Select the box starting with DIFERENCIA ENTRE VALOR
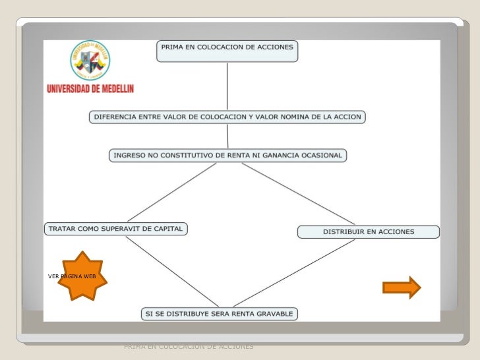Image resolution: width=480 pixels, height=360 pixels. [227, 117]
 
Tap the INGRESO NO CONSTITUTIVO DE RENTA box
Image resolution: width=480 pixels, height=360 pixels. [227, 156]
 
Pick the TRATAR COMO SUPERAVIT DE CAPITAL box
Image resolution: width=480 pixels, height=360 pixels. [116, 229]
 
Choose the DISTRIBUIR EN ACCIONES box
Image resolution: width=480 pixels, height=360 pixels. [369, 231]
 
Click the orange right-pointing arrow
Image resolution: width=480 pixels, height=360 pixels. [401, 287]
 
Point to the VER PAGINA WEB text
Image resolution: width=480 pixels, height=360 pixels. [73, 276]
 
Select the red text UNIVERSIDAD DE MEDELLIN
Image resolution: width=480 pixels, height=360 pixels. [90, 88]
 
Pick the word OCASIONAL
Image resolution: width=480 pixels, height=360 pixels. [320, 156]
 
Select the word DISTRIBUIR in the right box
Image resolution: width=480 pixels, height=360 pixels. [344, 231]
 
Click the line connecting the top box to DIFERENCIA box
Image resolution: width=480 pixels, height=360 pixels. [227, 86]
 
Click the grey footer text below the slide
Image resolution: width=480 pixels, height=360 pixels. [189, 345]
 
